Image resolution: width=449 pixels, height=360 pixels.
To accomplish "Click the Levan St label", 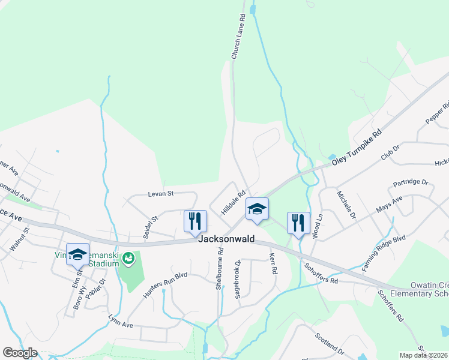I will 161,194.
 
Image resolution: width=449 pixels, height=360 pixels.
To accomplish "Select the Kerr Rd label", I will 273,264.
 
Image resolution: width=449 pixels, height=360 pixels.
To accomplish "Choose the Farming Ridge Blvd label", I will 385,253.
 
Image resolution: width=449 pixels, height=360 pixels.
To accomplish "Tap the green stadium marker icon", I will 128,259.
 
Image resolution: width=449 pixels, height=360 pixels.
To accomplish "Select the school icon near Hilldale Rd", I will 258,209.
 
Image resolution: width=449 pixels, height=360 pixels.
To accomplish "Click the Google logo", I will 20,352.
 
